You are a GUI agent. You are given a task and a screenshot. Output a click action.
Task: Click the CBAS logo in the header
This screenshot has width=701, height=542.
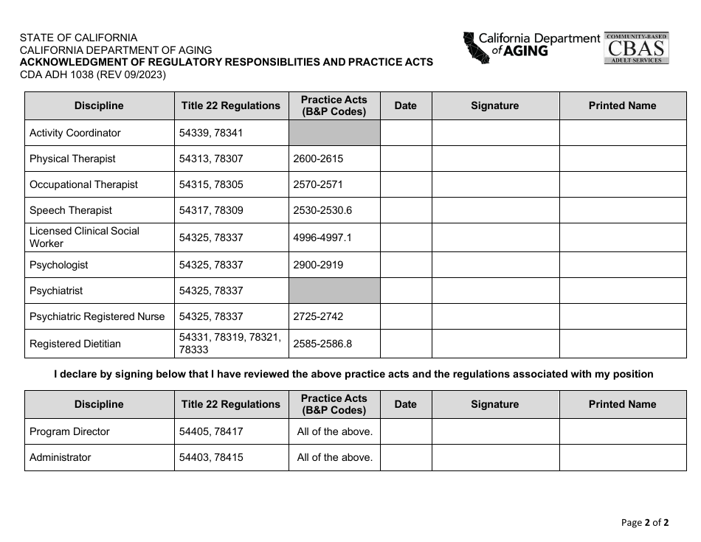(x=636, y=48)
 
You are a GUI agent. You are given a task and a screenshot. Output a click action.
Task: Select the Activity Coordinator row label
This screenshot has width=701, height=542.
(x=75, y=133)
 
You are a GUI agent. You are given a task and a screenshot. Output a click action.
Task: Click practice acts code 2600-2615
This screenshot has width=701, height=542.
(x=318, y=159)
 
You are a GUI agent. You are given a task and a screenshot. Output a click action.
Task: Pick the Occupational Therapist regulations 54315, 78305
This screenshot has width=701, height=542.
(x=210, y=184)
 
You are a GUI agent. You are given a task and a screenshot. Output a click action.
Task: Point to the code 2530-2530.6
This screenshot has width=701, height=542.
(x=322, y=210)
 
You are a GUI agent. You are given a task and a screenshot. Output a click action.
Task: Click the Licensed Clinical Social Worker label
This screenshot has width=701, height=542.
(x=84, y=237)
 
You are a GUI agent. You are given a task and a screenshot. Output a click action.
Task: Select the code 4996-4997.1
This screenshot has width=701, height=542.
(x=322, y=237)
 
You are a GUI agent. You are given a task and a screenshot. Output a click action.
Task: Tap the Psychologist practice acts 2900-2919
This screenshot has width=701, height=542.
(x=318, y=265)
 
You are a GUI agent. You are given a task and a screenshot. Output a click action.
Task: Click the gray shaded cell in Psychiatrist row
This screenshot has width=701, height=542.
(x=334, y=291)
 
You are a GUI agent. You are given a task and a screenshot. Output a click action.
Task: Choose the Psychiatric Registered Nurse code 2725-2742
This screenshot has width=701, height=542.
(x=318, y=316)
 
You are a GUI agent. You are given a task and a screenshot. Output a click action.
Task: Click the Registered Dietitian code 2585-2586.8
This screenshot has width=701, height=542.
(x=322, y=344)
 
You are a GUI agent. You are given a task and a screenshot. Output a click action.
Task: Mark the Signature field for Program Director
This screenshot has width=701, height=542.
(x=495, y=431)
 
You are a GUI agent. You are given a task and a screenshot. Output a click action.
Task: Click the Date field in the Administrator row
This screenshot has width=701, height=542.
(x=405, y=457)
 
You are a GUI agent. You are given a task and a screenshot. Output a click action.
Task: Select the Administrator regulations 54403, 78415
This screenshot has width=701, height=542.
(x=210, y=457)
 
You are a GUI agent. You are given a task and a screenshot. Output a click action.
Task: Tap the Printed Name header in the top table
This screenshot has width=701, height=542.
(x=622, y=105)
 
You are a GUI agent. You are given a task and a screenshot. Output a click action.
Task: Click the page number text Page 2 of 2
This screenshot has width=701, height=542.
(x=645, y=523)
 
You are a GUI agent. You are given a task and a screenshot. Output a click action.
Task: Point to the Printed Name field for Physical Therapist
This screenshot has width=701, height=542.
(x=622, y=159)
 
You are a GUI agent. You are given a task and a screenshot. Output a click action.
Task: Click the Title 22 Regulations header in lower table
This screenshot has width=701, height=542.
(x=231, y=404)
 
